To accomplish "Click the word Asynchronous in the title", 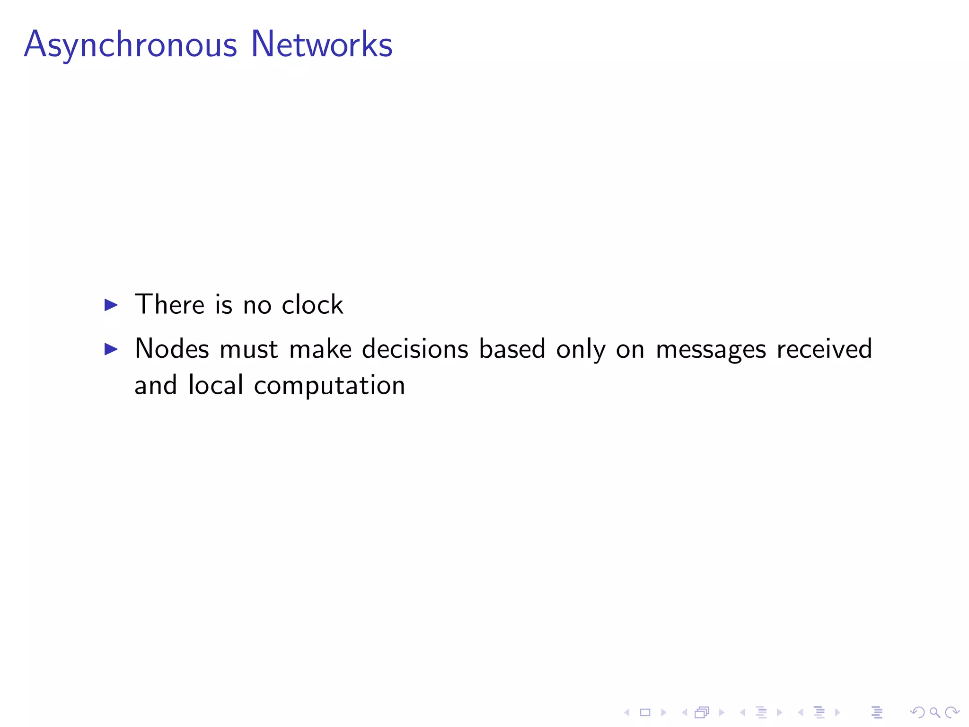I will [130, 45].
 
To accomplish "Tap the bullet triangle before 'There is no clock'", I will [111, 305].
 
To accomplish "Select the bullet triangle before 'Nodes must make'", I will [111, 349].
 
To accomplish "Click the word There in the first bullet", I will [169, 304].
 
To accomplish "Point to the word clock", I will [312, 304].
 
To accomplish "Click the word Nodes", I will [172, 349].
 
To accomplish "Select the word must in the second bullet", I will [249, 349].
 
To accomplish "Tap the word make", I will [320, 349].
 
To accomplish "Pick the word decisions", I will [415, 349].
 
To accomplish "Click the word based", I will [512, 349].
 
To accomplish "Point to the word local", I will [216, 385].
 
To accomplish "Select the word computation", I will [329, 386].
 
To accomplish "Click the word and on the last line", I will [156, 385].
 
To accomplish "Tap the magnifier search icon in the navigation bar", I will [934, 712].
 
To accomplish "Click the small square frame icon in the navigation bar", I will [645, 712].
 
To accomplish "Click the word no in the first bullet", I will [257, 305].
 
